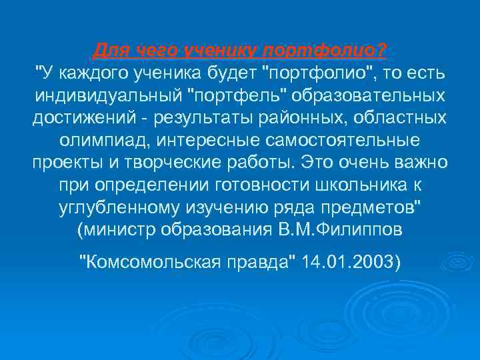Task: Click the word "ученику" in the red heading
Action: (223, 51)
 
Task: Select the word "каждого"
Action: (88, 72)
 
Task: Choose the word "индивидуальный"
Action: (109, 95)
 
